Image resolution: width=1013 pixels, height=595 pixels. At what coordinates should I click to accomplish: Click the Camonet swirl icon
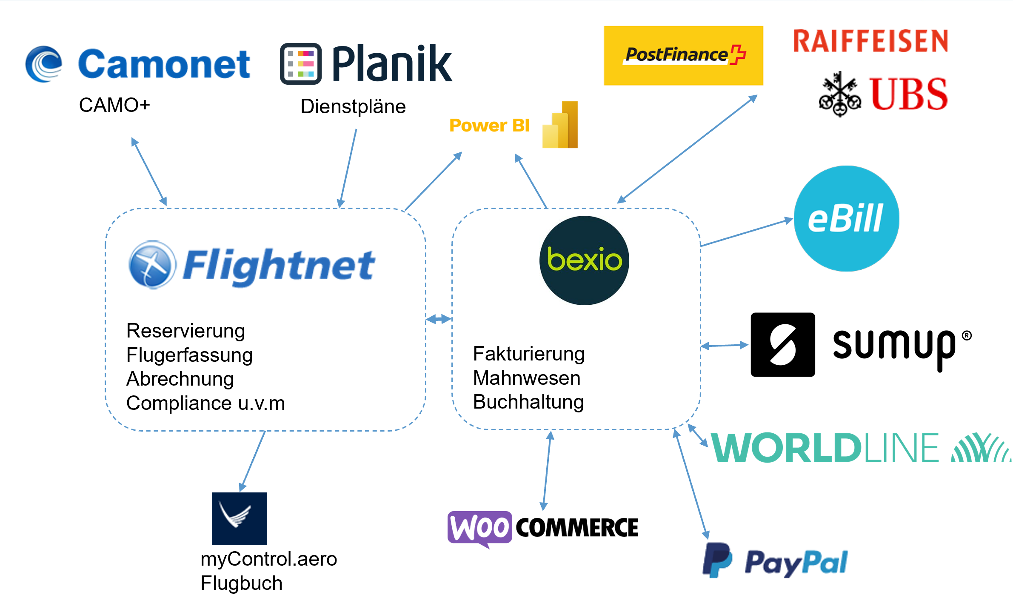click(43, 64)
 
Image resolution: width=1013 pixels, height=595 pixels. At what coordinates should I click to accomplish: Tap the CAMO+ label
click(114, 105)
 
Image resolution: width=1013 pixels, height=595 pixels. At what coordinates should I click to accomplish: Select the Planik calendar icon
click(300, 64)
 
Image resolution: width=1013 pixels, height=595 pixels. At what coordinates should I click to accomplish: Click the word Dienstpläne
click(353, 106)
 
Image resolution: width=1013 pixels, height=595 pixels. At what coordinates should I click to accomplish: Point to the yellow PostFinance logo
click(683, 56)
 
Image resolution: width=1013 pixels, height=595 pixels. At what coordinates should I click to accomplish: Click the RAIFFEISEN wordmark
click(870, 41)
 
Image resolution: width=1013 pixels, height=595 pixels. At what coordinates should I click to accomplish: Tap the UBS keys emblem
click(839, 94)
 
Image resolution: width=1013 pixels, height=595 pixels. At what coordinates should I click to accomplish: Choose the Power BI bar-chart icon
click(560, 125)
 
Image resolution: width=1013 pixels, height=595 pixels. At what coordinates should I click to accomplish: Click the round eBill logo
click(846, 218)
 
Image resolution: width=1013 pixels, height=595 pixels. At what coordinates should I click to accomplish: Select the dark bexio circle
click(584, 260)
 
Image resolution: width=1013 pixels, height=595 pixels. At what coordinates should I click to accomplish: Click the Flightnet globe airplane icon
click(152, 264)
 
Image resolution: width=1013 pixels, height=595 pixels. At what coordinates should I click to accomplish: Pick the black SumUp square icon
click(782, 344)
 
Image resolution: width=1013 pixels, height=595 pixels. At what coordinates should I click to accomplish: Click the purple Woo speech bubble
click(479, 528)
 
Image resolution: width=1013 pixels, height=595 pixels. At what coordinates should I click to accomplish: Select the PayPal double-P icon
click(717, 560)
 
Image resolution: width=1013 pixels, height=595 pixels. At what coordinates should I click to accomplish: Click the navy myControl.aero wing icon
click(239, 518)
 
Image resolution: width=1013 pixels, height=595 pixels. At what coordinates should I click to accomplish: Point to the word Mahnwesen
click(526, 378)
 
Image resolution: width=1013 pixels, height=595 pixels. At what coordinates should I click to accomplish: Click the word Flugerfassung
click(189, 355)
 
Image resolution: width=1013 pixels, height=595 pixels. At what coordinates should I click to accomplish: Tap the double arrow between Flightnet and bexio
click(439, 319)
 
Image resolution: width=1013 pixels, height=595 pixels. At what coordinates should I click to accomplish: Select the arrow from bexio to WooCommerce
click(547, 470)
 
